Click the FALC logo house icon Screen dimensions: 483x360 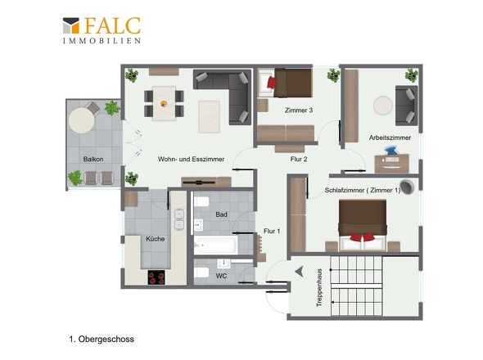click(71, 25)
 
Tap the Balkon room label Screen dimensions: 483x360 click(93, 160)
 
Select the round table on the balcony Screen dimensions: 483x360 click(81, 120)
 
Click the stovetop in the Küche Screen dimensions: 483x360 click(156, 277)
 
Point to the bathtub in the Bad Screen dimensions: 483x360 click(215, 245)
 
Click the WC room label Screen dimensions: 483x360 click(221, 276)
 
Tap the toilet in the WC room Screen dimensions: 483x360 click(201, 272)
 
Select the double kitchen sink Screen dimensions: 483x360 click(179, 219)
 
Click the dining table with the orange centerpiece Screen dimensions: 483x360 click(165, 103)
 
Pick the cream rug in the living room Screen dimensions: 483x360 click(209, 117)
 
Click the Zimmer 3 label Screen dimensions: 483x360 click(299, 110)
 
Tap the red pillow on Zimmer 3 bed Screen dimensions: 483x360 click(272, 83)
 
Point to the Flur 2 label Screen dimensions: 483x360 click(299, 160)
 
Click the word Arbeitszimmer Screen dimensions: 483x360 click(390, 137)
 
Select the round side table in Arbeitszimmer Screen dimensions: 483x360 click(383, 106)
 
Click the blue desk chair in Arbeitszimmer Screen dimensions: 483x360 click(391, 151)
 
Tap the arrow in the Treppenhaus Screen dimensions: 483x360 click(299, 272)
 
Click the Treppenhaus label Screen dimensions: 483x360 click(319, 288)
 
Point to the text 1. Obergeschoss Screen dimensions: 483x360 click(102, 340)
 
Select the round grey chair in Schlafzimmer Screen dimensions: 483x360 click(407, 187)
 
